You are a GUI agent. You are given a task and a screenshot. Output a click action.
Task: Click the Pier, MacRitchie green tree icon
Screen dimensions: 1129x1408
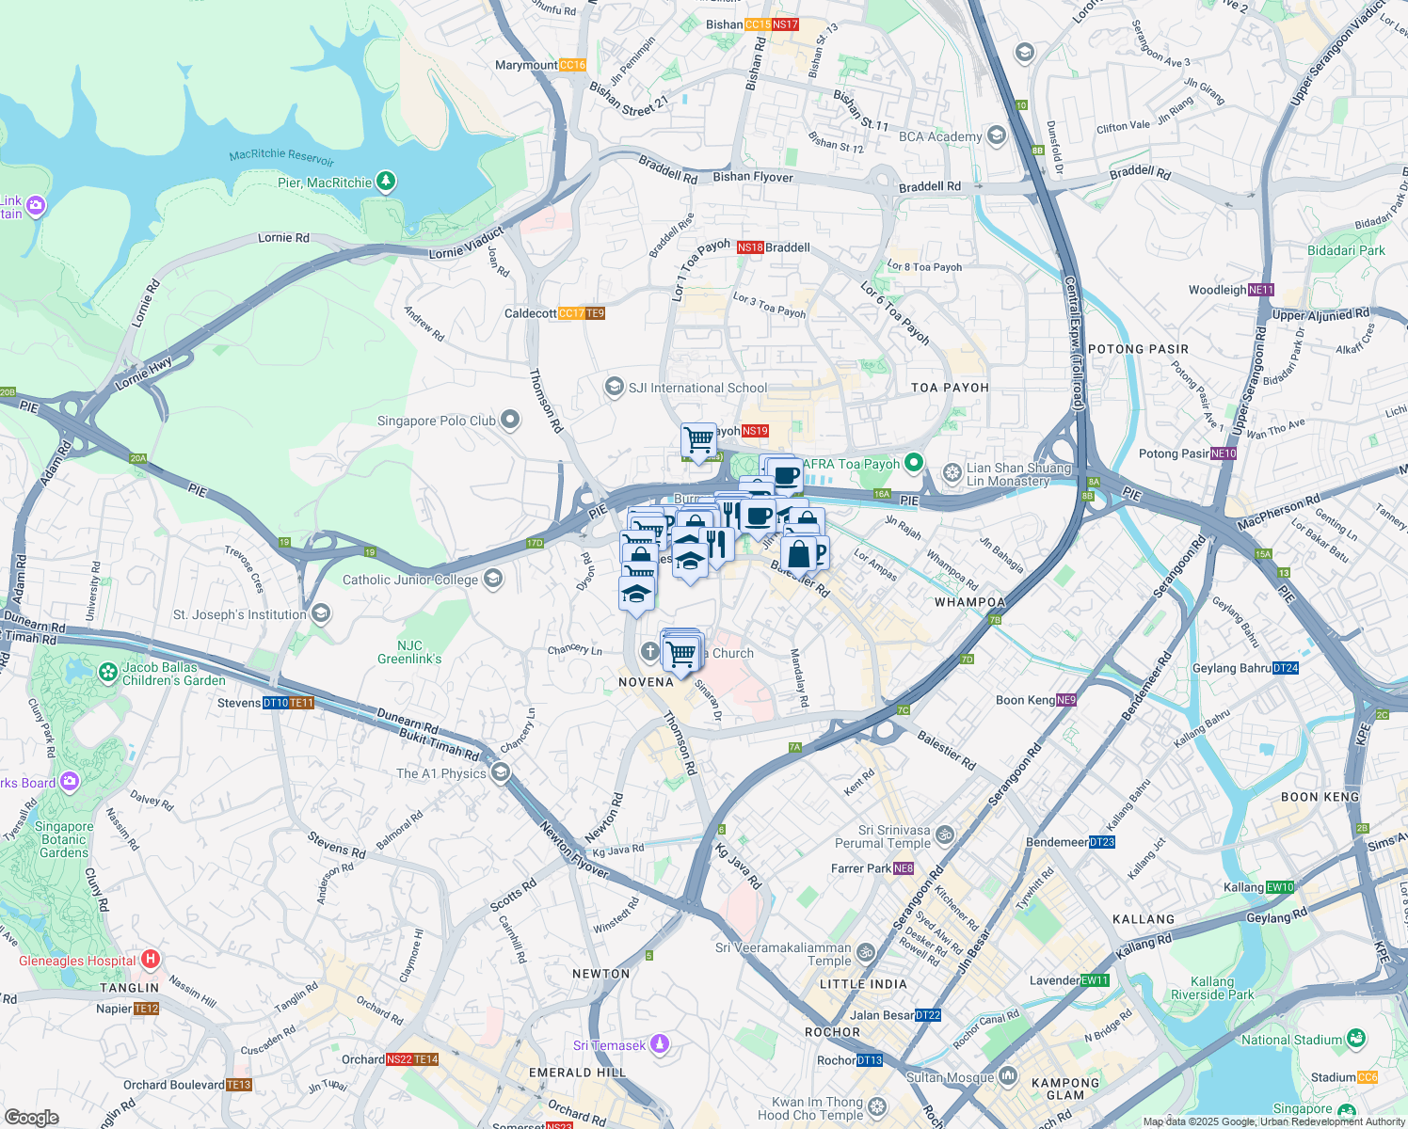pos(385,182)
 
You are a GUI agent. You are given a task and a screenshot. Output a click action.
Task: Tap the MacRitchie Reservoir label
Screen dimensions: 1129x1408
pos(281,156)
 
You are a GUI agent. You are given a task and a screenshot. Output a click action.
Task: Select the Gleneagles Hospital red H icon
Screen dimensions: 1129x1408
pos(150,960)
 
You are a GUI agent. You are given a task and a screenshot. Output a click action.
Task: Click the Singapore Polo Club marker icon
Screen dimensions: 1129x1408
pos(510,421)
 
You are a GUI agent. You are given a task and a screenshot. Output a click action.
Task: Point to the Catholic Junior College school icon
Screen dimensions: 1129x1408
pos(492,580)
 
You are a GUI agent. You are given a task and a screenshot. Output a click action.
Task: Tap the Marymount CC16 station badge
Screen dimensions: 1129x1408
pos(572,65)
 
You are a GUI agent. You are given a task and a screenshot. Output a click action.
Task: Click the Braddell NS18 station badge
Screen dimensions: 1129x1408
pos(750,247)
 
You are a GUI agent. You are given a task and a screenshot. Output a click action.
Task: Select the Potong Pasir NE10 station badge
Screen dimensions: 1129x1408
pos(1224,453)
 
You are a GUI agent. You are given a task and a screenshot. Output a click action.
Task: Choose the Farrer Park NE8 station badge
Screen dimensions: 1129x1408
pos(904,868)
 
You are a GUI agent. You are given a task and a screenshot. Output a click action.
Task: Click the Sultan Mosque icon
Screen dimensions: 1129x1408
pos(1008,1075)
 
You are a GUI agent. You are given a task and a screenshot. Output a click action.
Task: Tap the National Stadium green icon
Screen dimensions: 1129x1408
pos(1356,1039)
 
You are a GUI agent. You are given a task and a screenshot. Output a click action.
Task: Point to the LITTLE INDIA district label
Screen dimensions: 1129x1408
pos(863,984)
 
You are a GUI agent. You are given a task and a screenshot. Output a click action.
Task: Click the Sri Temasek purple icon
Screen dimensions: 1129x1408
pos(660,1044)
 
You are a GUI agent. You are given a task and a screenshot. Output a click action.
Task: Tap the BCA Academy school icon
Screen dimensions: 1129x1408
pos(997,136)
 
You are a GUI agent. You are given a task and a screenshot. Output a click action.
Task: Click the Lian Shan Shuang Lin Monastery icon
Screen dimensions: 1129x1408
pos(952,472)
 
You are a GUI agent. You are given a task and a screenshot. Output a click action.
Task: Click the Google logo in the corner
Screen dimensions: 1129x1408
pos(31,1118)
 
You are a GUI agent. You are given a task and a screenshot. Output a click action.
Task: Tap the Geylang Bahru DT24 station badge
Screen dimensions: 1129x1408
pos(1286,668)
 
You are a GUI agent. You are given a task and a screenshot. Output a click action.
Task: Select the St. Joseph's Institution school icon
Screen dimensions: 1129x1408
pos(321,614)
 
